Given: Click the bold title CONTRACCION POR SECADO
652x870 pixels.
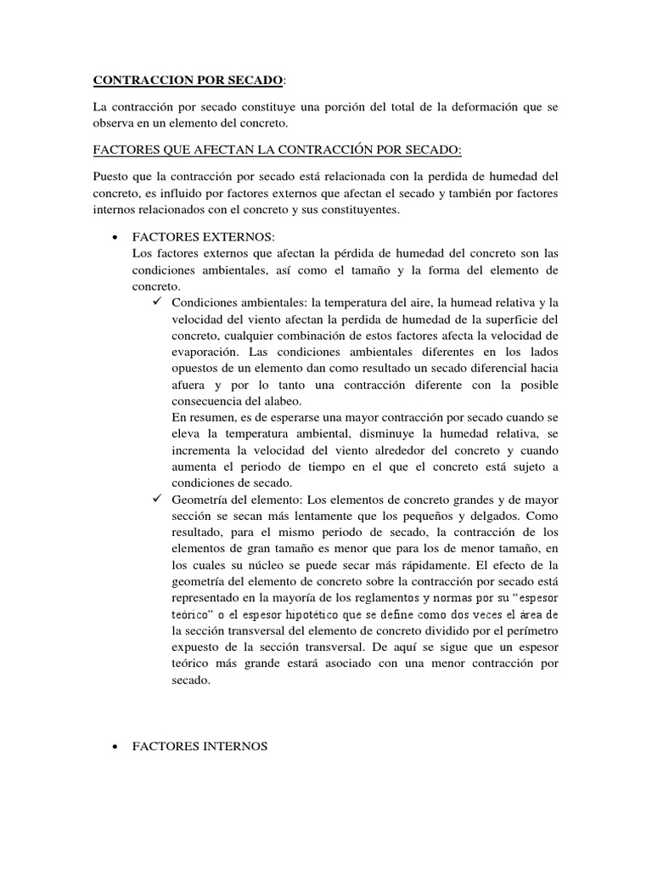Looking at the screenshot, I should pos(188,81).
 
